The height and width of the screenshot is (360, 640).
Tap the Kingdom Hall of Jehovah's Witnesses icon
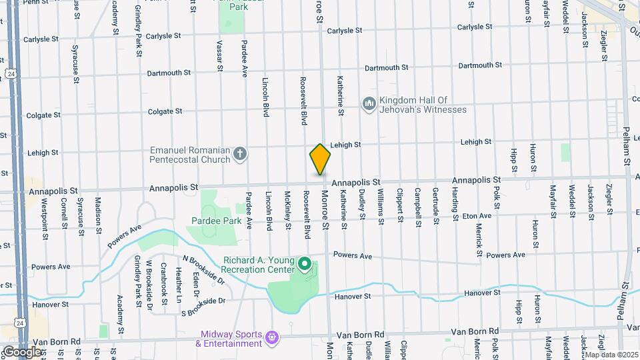click(369, 104)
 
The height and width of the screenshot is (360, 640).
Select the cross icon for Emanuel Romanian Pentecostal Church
click(241, 155)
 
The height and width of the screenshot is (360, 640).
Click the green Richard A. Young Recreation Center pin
click(305, 265)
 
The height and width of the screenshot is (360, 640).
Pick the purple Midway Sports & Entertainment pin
click(271, 338)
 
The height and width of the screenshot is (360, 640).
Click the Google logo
click(21, 351)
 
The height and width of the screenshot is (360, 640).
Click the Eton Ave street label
click(477, 216)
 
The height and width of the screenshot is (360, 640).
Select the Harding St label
click(455, 204)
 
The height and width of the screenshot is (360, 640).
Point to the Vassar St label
click(219, 55)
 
